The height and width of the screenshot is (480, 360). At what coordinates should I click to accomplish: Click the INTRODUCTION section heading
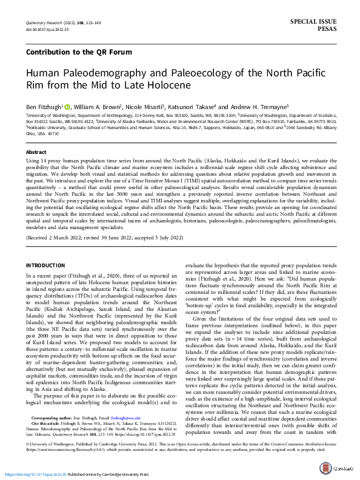click(47, 265)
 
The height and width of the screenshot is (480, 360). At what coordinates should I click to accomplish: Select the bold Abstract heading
click(36, 153)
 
